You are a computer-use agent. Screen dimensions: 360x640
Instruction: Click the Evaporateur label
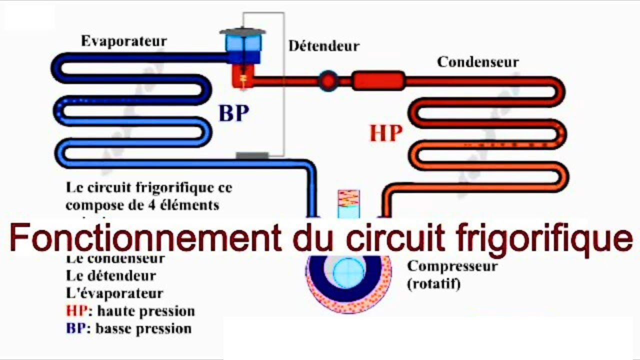tap(124, 41)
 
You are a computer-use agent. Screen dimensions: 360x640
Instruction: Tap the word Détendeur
tap(323, 46)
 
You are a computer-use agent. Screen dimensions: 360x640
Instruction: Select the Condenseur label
tap(477, 62)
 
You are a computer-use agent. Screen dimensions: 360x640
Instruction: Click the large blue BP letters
tap(233, 113)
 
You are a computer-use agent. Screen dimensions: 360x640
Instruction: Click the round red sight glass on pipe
tap(328, 80)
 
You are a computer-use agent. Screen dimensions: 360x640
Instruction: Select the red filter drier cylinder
tap(378, 80)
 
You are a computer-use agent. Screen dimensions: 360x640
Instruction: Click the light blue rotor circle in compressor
tap(348, 273)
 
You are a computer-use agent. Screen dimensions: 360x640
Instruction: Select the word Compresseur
tap(452, 266)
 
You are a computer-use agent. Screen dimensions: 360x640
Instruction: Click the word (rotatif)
tap(433, 284)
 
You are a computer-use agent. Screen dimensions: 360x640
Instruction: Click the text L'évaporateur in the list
tap(114, 293)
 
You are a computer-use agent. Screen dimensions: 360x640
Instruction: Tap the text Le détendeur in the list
tap(110, 275)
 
